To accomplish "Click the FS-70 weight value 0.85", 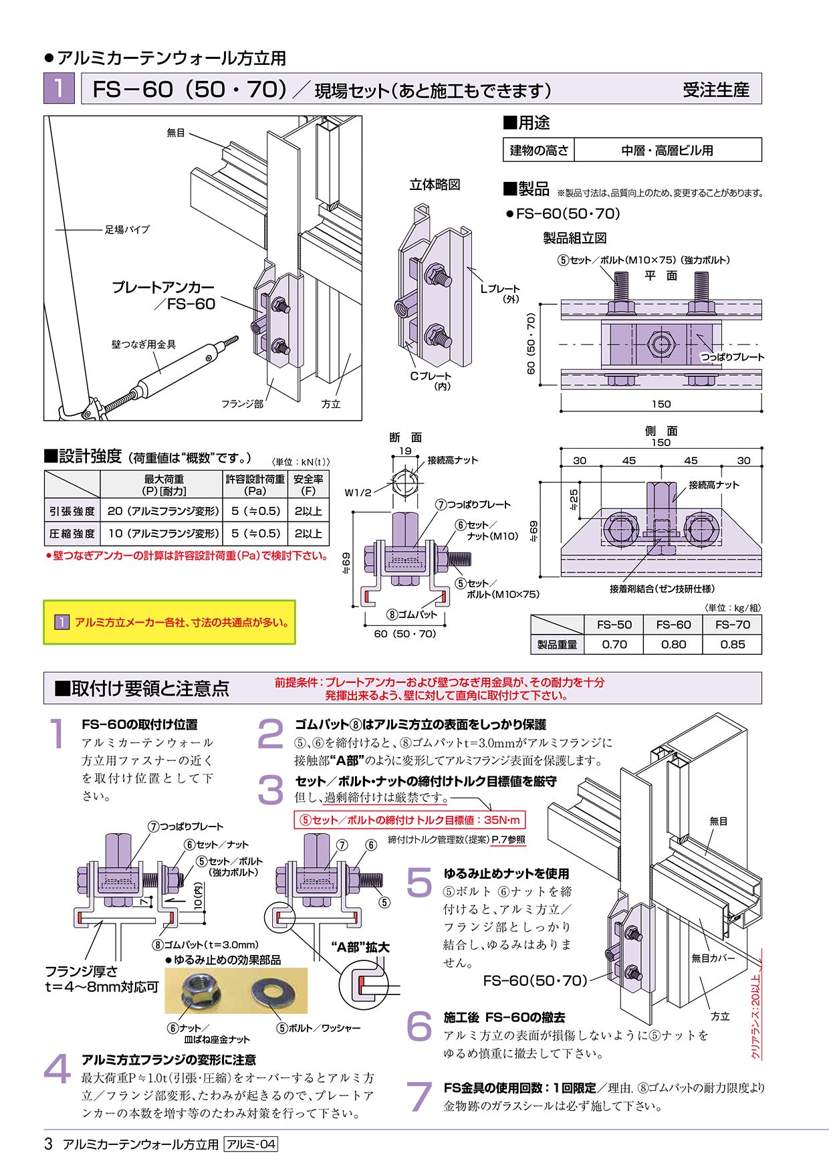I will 732,645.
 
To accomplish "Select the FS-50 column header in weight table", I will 614,625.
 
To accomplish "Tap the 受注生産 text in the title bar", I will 715,90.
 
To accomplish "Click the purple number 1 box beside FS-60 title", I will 59,88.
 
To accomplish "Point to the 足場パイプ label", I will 127,229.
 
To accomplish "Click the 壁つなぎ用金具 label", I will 144,344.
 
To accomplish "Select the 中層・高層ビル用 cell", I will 667,150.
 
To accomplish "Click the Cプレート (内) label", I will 431,381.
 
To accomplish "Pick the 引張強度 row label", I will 72,512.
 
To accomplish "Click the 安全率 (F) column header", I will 308,485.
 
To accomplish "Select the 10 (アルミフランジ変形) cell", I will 163,534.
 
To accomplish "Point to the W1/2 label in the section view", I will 358,493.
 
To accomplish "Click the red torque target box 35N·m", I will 409,820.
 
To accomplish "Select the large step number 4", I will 57,1069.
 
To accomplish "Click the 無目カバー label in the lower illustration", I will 713,958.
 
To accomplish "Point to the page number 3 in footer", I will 48,1144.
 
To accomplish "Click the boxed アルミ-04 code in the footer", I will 251,1144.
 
